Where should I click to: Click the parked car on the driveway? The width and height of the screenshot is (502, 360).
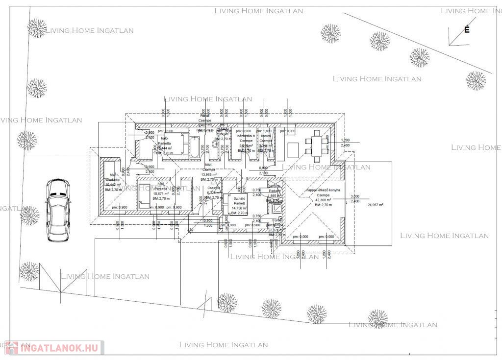57,210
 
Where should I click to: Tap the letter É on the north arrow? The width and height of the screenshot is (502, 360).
467,30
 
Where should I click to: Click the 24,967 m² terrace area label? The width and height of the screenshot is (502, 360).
375,205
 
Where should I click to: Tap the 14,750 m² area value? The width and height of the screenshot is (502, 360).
240,208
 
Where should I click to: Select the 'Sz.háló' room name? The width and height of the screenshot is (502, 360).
239,197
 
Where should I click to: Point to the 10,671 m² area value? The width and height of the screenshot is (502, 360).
161,193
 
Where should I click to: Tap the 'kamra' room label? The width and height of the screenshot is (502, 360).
266,135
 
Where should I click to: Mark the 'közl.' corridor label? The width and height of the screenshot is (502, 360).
208,165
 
